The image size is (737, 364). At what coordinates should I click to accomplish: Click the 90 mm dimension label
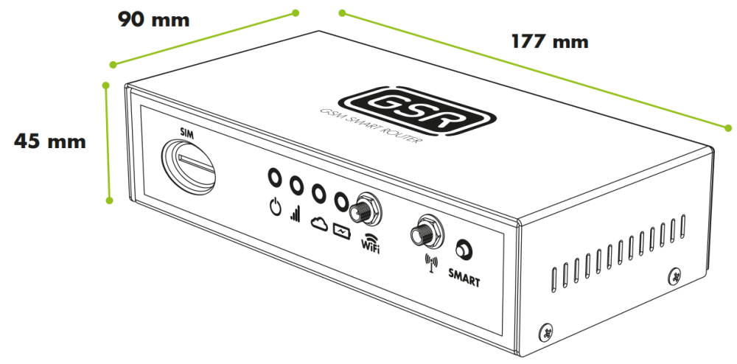pyautogui.click(x=153, y=20)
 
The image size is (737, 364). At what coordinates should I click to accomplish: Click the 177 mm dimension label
pyautogui.click(x=550, y=42)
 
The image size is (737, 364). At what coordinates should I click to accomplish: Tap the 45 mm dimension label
pyautogui.click(x=50, y=141)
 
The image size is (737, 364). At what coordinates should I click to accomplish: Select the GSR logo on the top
pyautogui.click(x=417, y=111)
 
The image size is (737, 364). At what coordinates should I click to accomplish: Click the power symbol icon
pyautogui.click(x=275, y=206)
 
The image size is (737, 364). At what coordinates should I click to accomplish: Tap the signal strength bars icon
pyautogui.click(x=296, y=214)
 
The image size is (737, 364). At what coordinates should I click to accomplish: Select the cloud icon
pyautogui.click(x=319, y=224)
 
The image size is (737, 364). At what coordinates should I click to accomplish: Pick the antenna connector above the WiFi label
pyautogui.click(x=364, y=209)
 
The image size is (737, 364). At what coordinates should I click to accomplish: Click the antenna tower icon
pyautogui.click(x=431, y=263)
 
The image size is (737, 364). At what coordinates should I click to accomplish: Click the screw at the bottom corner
pyautogui.click(x=546, y=332)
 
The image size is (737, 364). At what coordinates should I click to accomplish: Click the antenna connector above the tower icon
pyautogui.click(x=427, y=232)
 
